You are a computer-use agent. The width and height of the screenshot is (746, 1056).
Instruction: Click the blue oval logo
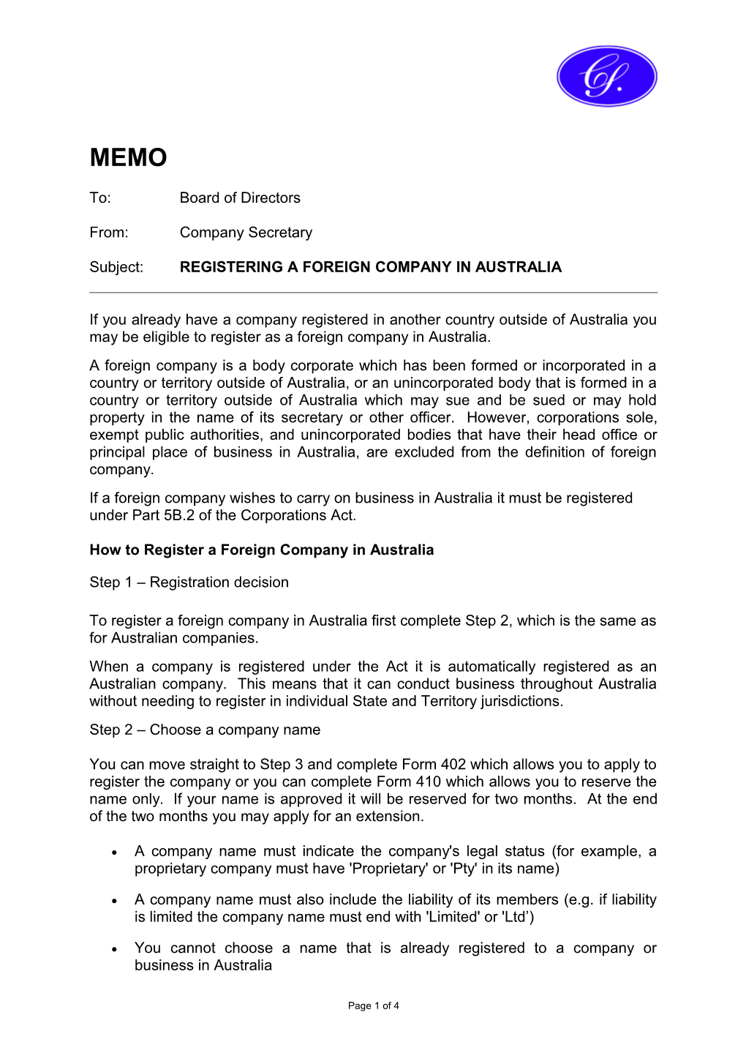[x=606, y=76]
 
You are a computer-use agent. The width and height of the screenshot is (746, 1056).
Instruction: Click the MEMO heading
[x=128, y=157]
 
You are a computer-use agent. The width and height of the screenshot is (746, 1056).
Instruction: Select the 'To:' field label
[x=100, y=198]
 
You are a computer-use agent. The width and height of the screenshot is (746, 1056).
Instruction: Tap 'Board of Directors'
[x=240, y=198]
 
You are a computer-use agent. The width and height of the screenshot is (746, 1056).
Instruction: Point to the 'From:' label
[x=108, y=233]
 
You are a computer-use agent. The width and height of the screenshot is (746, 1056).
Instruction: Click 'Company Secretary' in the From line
[x=246, y=233]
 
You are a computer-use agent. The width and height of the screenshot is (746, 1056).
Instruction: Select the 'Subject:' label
[x=116, y=267]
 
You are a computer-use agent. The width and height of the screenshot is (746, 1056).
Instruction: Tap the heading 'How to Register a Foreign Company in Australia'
[x=261, y=550]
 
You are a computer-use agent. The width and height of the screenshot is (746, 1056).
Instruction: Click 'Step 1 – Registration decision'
[x=189, y=583]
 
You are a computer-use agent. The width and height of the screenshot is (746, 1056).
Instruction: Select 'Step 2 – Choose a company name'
[x=205, y=730]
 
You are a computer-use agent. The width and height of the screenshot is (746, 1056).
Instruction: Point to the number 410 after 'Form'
[x=428, y=782]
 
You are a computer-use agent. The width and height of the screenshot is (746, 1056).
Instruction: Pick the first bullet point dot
[x=115, y=853]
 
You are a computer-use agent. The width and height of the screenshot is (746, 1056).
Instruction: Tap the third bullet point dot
[x=115, y=949]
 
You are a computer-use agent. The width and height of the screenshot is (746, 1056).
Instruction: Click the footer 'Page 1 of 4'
[x=373, y=1006]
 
